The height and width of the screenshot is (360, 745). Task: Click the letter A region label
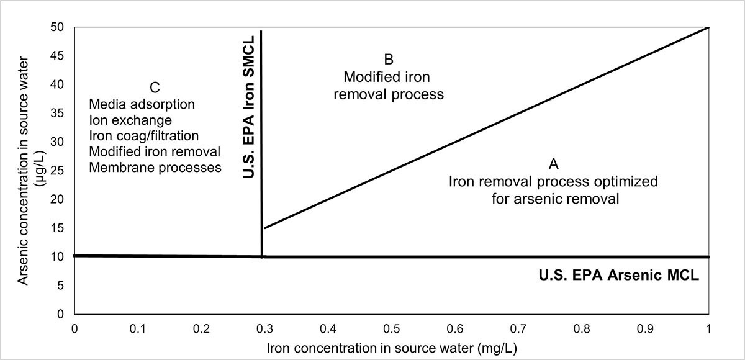(x=554, y=164)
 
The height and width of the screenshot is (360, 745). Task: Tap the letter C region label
(x=155, y=88)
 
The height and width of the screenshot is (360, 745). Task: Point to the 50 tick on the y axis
(x=60, y=27)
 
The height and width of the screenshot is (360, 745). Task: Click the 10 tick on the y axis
(x=60, y=256)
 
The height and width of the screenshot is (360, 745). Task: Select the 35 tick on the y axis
(x=60, y=113)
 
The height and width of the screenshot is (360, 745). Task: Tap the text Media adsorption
(x=142, y=104)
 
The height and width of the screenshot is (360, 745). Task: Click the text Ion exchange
(x=130, y=120)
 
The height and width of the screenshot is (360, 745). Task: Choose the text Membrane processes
(x=155, y=168)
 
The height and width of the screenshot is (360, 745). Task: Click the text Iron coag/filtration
(x=144, y=136)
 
